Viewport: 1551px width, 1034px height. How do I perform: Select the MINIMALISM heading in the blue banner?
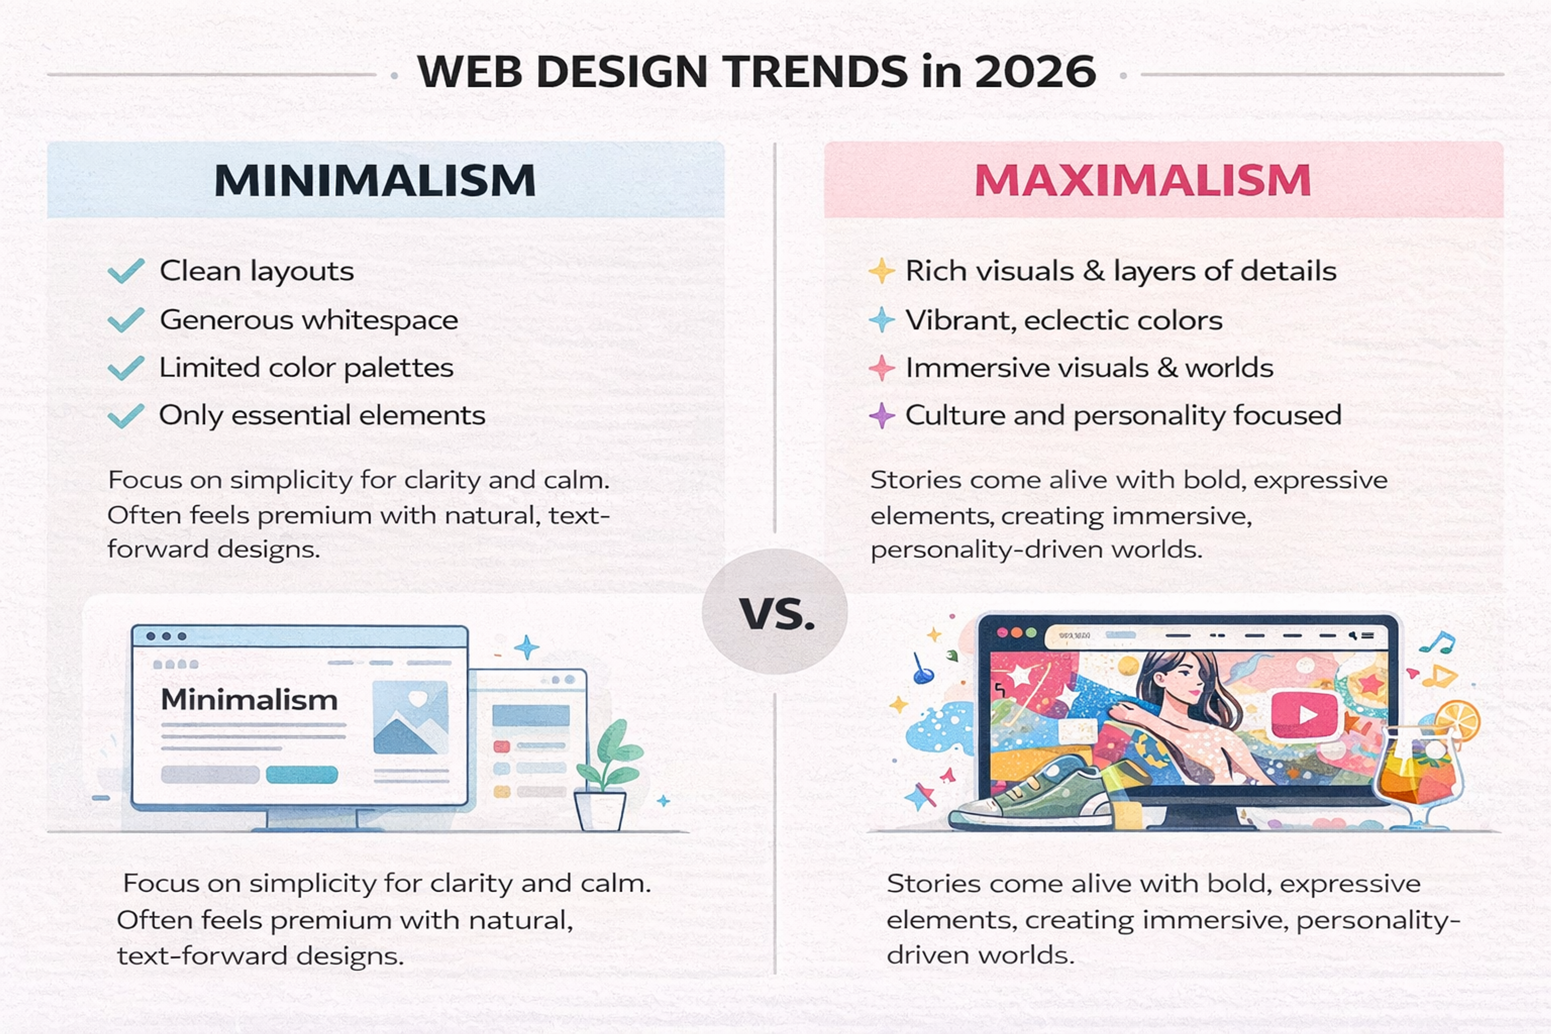[374, 180]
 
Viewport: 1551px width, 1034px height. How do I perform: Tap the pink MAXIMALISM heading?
[1142, 180]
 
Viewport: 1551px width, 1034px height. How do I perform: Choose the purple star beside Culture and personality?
[881, 416]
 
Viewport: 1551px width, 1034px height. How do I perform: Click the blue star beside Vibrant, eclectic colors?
[881, 320]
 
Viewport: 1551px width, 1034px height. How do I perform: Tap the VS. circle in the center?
[775, 612]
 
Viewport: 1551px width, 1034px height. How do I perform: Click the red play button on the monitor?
[1304, 714]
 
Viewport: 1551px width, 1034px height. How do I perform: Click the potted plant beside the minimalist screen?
[605, 778]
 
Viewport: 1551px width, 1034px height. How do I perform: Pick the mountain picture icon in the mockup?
[410, 717]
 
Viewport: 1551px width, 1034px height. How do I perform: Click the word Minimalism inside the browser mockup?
[249, 700]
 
